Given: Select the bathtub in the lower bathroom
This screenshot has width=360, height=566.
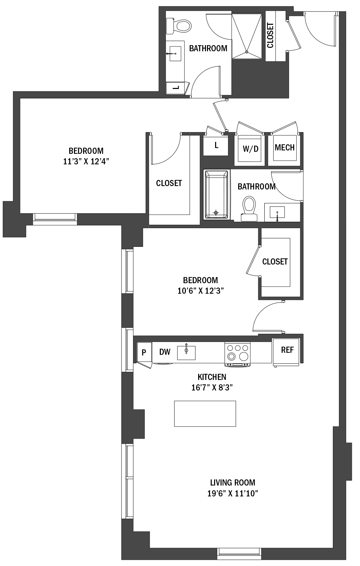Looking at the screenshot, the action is [216, 195].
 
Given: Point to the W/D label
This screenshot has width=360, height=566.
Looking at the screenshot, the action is [251, 149].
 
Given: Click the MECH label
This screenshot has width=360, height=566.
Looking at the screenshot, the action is [285, 147].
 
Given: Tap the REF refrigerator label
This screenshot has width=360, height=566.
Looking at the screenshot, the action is [287, 350].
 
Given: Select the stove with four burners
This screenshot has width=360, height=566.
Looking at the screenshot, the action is [238, 354].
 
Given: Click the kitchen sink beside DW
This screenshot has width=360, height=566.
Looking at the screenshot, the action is [186, 352].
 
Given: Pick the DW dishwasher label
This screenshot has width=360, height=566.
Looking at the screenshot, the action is [165, 352].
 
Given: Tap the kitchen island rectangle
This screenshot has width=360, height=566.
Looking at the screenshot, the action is [205, 414].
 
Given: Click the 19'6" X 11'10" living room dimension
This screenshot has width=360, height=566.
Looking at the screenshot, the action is [233, 493].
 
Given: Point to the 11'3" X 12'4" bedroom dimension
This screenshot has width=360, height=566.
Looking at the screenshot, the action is [86, 162].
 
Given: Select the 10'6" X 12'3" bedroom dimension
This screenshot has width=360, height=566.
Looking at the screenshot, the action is [201, 291].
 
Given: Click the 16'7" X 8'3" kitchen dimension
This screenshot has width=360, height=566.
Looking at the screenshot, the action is [212, 387].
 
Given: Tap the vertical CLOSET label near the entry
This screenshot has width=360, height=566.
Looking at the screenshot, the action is [270, 35].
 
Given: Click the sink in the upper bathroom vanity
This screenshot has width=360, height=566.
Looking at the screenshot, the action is [175, 54].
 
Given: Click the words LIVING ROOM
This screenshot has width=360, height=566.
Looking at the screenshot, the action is [233, 482].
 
